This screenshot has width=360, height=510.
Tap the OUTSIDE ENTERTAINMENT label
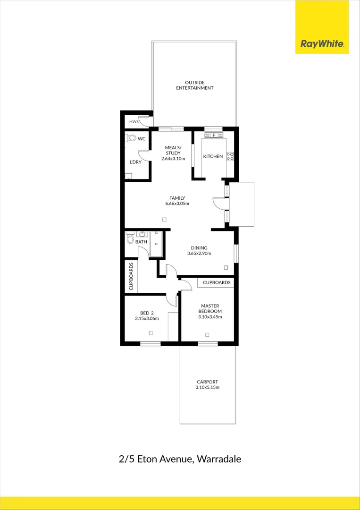[194, 85]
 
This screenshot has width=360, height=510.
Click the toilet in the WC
[131, 138]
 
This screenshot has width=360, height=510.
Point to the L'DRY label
[135, 162]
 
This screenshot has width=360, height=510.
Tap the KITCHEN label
[213, 156]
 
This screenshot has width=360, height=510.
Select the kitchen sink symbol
[214, 135]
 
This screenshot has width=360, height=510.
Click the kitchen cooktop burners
[230, 156]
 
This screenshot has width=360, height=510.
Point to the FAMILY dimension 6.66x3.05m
[177, 204]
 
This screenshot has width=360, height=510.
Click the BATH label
[141, 242]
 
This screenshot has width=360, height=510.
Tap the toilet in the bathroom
[130, 239]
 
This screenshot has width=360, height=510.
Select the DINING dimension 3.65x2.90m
[199, 254]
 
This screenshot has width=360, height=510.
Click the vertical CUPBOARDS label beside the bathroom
[131, 276]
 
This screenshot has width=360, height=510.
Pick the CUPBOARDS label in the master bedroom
[217, 282]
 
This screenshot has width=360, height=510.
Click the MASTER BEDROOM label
[210, 308]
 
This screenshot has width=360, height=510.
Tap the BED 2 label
[147, 313]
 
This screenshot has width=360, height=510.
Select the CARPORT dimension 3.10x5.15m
[207, 387]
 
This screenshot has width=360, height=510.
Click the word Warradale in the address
[219, 459]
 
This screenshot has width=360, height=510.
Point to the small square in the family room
[164, 220]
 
